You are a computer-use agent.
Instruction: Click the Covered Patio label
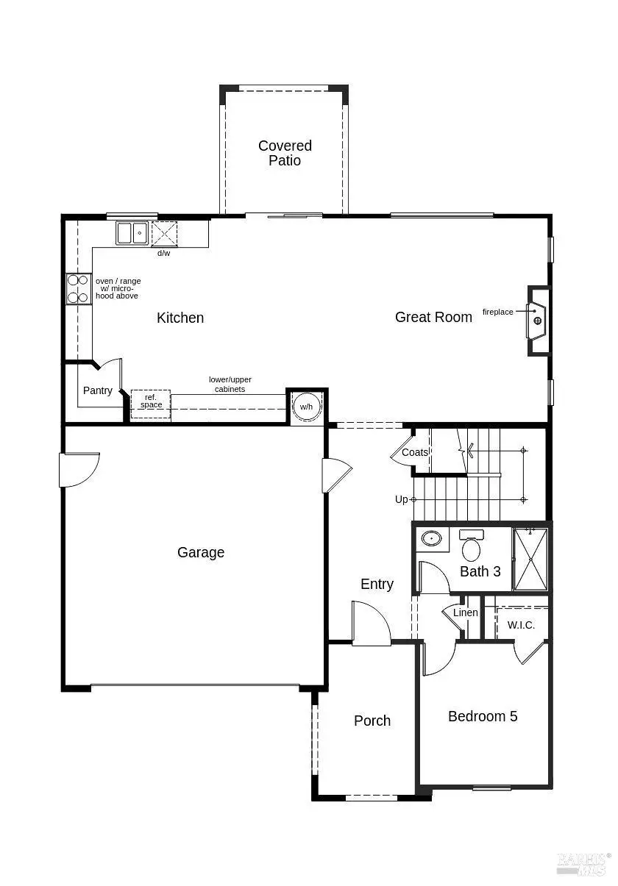pyautogui.click(x=285, y=153)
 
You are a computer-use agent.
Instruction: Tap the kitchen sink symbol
pyautogui.click(x=132, y=233)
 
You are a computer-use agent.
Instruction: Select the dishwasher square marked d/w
pyautogui.click(x=164, y=234)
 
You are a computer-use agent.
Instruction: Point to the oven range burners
pyautogui.click(x=78, y=289)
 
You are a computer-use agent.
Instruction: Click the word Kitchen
pyautogui.click(x=180, y=318)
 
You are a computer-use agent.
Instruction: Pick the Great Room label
pyautogui.click(x=433, y=317)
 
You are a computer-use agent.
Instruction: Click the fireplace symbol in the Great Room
pyautogui.click(x=537, y=321)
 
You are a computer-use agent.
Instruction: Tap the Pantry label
pyautogui.click(x=98, y=390)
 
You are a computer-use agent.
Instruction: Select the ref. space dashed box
pyautogui.click(x=151, y=404)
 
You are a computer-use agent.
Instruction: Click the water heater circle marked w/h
pyautogui.click(x=306, y=407)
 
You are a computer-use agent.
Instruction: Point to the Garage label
pyautogui.click(x=201, y=552)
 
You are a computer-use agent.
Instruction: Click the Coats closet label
pyautogui.click(x=415, y=452)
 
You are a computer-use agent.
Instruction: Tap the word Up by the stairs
pyautogui.click(x=401, y=499)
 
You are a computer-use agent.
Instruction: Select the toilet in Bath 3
pyautogui.click(x=471, y=546)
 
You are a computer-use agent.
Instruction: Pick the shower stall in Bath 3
pyautogui.click(x=530, y=559)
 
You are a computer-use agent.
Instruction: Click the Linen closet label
pyautogui.click(x=466, y=612)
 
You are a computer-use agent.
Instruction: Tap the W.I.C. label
pyautogui.click(x=521, y=625)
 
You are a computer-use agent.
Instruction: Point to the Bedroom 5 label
pyautogui.click(x=483, y=716)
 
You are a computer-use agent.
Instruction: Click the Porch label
pyautogui.click(x=372, y=721)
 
